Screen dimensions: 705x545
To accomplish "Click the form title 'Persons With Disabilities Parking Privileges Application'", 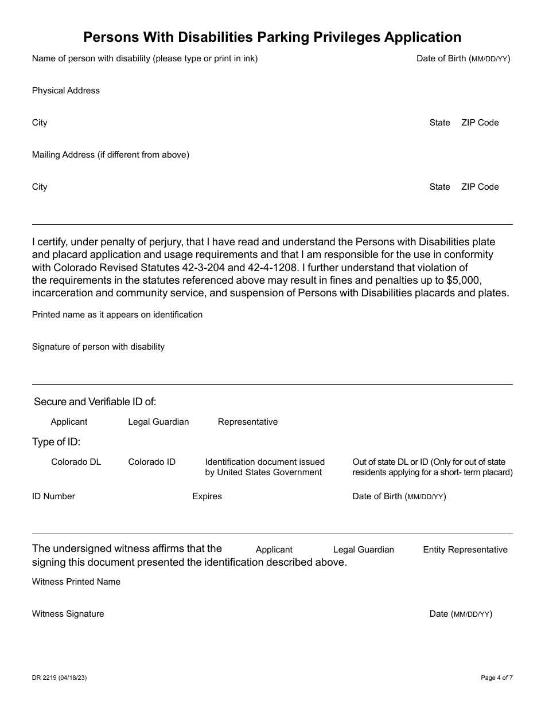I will click(272, 37).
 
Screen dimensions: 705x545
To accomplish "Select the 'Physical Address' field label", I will click(66, 91).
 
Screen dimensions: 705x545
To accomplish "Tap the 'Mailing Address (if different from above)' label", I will click(111, 155).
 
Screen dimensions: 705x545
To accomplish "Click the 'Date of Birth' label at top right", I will click(463, 58).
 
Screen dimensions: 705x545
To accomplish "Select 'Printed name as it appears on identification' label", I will click(117, 315).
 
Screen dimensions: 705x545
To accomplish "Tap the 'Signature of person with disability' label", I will click(98, 347).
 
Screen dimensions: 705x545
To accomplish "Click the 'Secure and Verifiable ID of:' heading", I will click(95, 402).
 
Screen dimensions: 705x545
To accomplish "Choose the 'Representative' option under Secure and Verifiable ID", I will click(247, 422).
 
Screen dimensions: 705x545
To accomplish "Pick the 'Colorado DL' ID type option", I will click(76, 462).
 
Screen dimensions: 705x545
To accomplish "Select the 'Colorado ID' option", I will click(151, 462).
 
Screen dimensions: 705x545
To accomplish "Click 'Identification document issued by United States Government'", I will click(264, 467).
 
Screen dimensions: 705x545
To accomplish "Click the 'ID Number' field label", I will click(53, 496).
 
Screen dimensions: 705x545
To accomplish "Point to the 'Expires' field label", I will click(207, 496).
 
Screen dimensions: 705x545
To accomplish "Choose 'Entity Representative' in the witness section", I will click(465, 550).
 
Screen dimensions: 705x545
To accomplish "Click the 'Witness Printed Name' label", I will click(76, 582).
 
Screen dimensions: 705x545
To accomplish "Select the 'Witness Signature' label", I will click(68, 614).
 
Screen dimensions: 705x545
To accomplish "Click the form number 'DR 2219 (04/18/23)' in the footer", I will click(60, 678).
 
